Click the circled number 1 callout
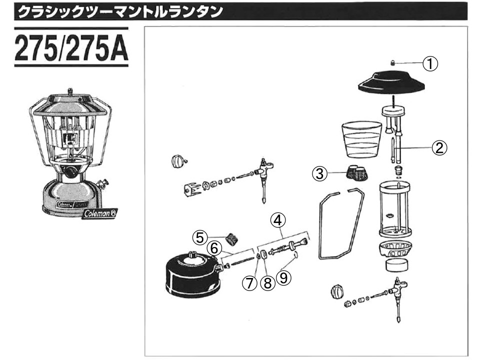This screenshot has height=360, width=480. click(430, 63)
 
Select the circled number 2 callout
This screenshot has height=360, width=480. click(439, 147)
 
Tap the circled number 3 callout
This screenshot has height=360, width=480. click(320, 173)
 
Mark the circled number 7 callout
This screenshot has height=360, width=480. click(249, 283)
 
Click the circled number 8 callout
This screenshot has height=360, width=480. click(267, 283)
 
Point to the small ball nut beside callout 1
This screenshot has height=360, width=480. click(393, 63)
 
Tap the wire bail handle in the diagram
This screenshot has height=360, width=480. click(340, 223)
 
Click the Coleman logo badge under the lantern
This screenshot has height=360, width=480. click(99, 213)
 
